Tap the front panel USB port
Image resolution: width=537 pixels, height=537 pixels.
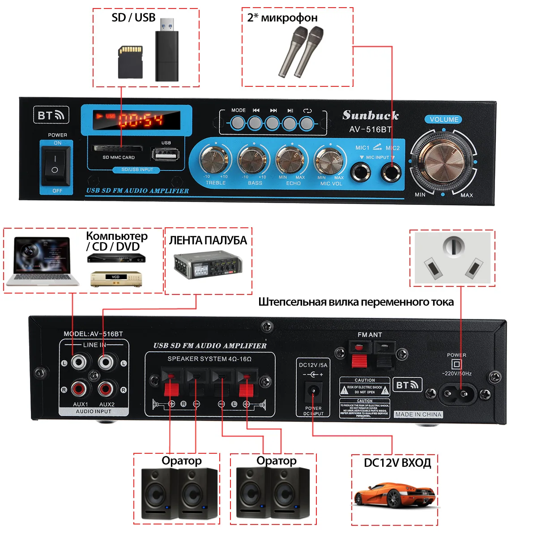[166, 155]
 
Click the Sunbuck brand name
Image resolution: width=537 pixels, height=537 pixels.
[371, 115]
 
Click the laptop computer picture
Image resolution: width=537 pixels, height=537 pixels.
[43, 262]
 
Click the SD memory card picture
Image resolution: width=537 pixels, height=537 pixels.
[130, 62]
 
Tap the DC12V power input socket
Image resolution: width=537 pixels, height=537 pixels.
[313, 392]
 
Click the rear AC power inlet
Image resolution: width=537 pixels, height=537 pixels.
[457, 394]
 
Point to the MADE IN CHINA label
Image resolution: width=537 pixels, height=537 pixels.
[418, 414]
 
